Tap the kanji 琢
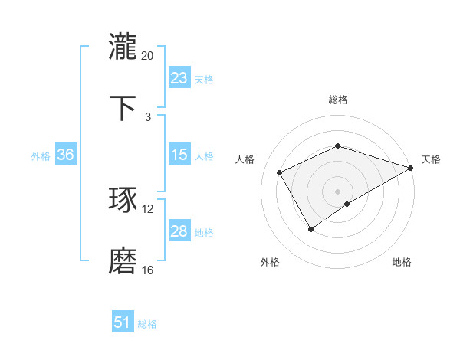click(123, 200)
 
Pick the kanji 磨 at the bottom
click(123, 261)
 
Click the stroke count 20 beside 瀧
click(147, 56)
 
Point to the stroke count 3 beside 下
click(147, 117)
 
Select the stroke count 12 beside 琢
click(147, 209)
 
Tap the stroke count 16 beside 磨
click(147, 270)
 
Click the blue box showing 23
click(179, 78)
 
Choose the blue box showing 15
click(179, 155)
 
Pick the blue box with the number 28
click(179, 231)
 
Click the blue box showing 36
click(65, 155)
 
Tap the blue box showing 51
click(123, 322)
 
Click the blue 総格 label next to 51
click(147, 324)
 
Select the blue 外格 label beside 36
click(41, 156)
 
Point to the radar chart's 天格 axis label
click(431, 159)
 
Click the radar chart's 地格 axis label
click(402, 262)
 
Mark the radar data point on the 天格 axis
click(411, 167)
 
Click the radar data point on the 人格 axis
click(280, 172)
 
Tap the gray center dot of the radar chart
click(337, 191)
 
